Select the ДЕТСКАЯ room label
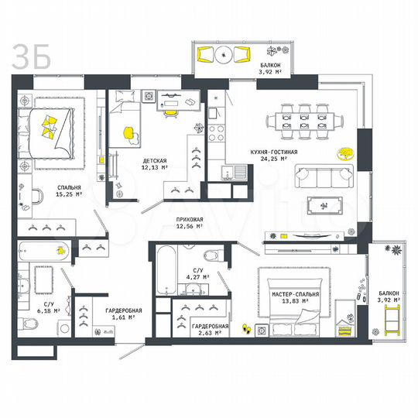click(x=154, y=160)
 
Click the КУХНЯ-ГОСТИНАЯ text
click(x=269, y=152)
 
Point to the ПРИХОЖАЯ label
click(x=188, y=220)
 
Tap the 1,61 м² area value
click(x=122, y=317)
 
